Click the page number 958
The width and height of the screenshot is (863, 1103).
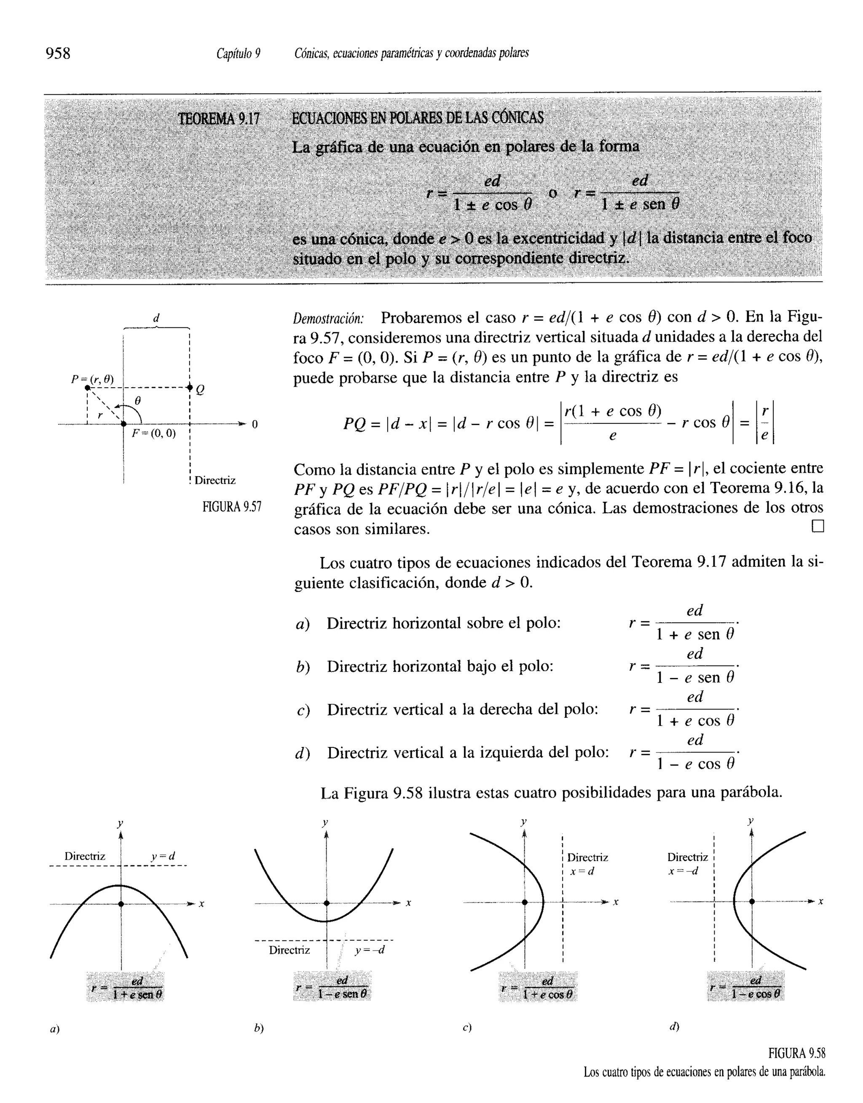(58, 53)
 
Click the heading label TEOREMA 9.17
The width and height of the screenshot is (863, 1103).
(218, 119)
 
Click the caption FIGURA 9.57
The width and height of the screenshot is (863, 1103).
(232, 506)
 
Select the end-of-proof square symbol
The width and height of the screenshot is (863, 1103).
(817, 527)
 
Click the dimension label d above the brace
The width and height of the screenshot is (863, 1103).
(156, 318)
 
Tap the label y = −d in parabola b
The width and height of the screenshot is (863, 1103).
(370, 950)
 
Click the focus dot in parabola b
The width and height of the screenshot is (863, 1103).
(327, 903)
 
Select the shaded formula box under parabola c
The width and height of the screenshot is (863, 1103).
(538, 986)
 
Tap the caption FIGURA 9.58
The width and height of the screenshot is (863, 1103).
(796, 1054)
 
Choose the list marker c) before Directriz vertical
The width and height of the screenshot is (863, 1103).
(303, 711)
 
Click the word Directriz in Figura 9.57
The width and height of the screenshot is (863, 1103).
(215, 480)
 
